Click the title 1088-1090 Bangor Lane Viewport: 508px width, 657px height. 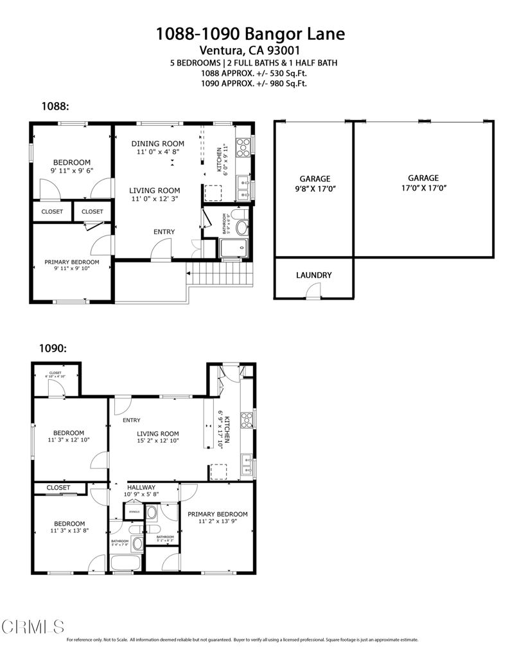point(254,34)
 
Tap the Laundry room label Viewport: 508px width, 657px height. point(313,275)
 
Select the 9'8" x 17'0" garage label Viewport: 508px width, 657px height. point(314,183)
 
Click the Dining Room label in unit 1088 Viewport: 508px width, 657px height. point(157,148)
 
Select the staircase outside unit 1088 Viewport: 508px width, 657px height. point(218,276)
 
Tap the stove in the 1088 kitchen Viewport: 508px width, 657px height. point(243,148)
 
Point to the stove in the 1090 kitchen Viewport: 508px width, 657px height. point(247,420)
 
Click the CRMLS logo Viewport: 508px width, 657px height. point(33,626)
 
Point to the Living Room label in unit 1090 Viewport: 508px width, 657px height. point(157,437)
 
